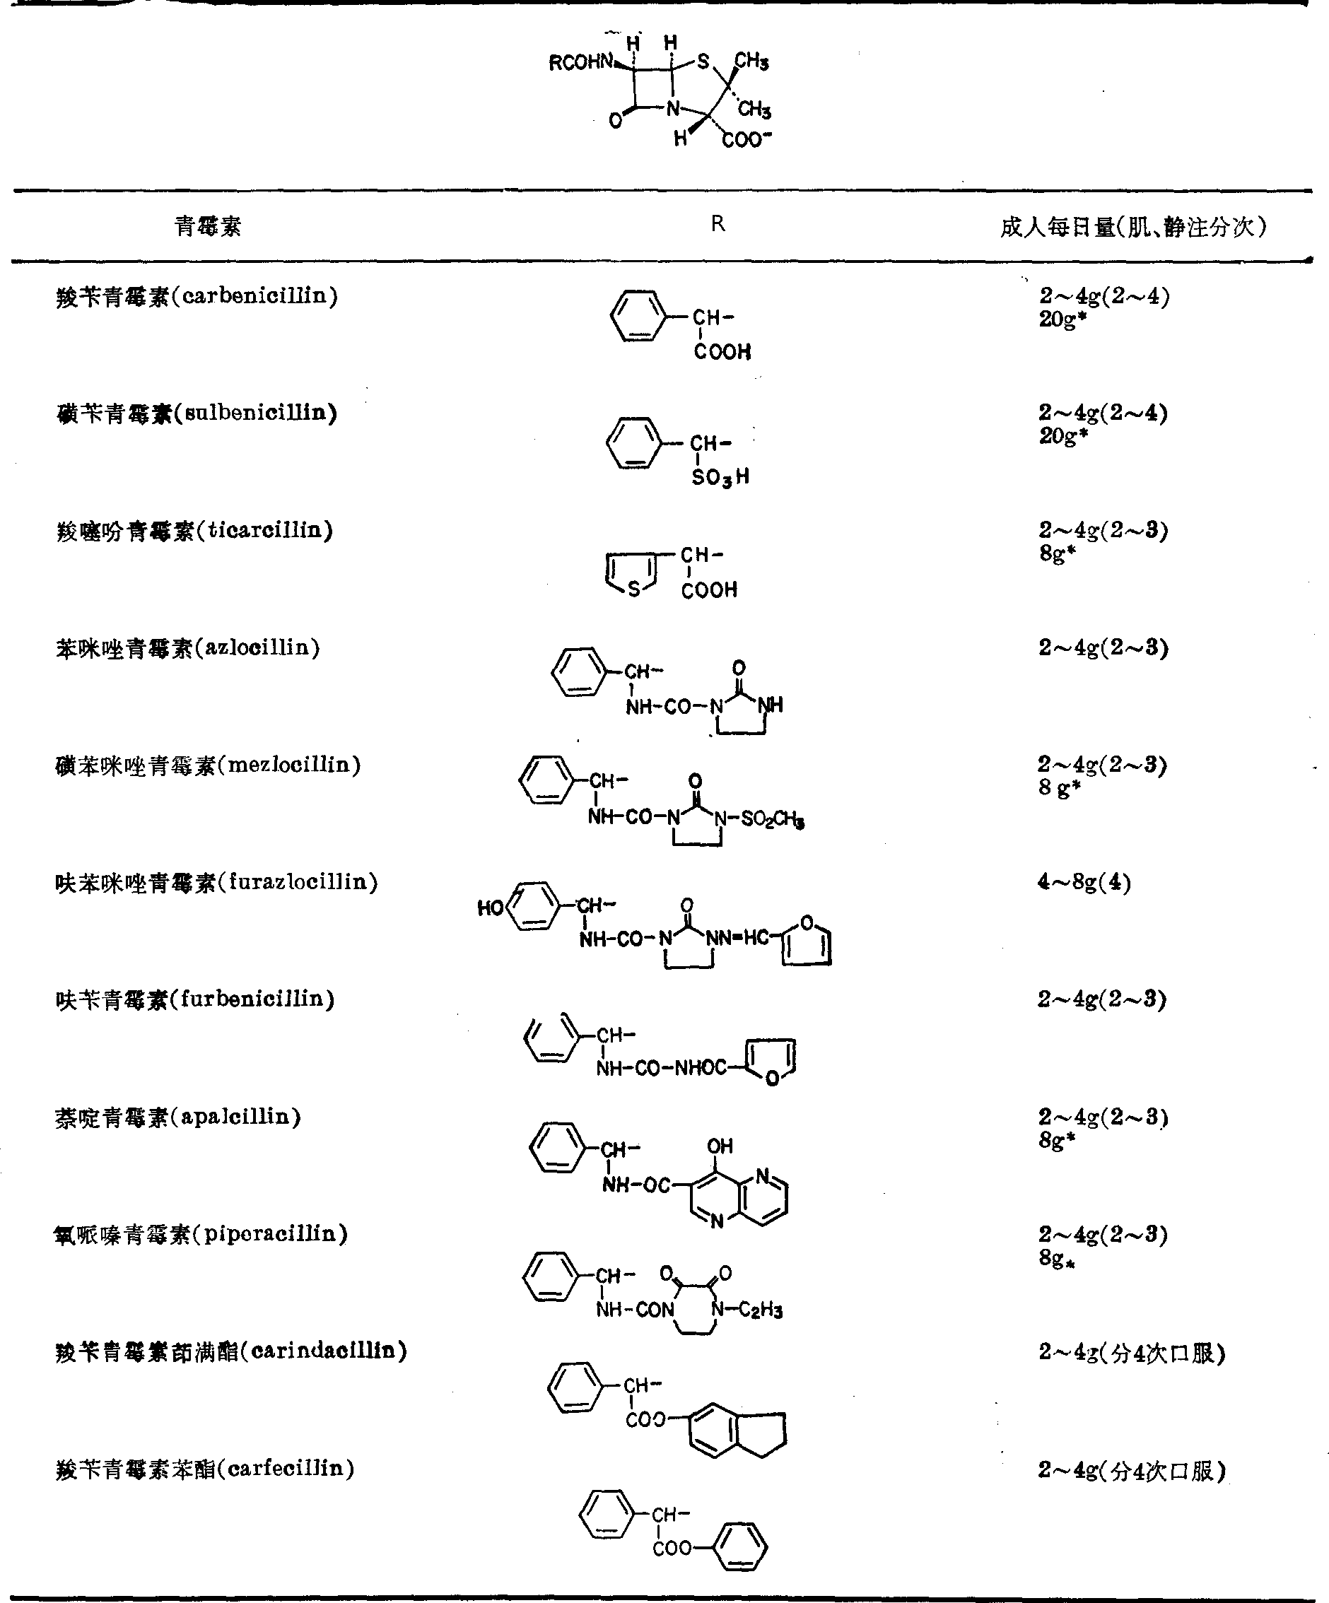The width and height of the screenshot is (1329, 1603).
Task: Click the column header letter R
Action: (x=717, y=223)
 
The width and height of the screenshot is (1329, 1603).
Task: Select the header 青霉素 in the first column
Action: (x=208, y=226)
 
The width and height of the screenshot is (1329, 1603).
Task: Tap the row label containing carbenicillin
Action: (x=197, y=296)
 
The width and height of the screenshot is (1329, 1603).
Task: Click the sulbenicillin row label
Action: (x=197, y=413)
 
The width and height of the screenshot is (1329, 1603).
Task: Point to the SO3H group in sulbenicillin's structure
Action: (x=720, y=478)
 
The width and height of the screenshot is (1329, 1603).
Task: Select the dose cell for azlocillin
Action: (x=1102, y=648)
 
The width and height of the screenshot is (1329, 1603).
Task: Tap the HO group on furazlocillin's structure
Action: (x=490, y=908)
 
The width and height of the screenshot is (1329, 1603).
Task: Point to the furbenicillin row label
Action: (x=195, y=1000)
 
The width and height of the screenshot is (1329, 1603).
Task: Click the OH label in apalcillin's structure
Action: (x=719, y=1146)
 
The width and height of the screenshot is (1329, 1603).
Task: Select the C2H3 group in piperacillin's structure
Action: (x=761, y=1310)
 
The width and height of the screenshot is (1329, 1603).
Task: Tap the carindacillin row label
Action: (x=231, y=1351)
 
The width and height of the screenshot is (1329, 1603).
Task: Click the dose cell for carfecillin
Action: (x=1131, y=1470)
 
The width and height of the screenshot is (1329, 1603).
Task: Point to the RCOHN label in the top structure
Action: (x=582, y=63)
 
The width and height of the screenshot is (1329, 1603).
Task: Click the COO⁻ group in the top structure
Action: (x=747, y=140)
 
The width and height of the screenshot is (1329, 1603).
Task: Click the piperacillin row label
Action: (x=201, y=1234)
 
